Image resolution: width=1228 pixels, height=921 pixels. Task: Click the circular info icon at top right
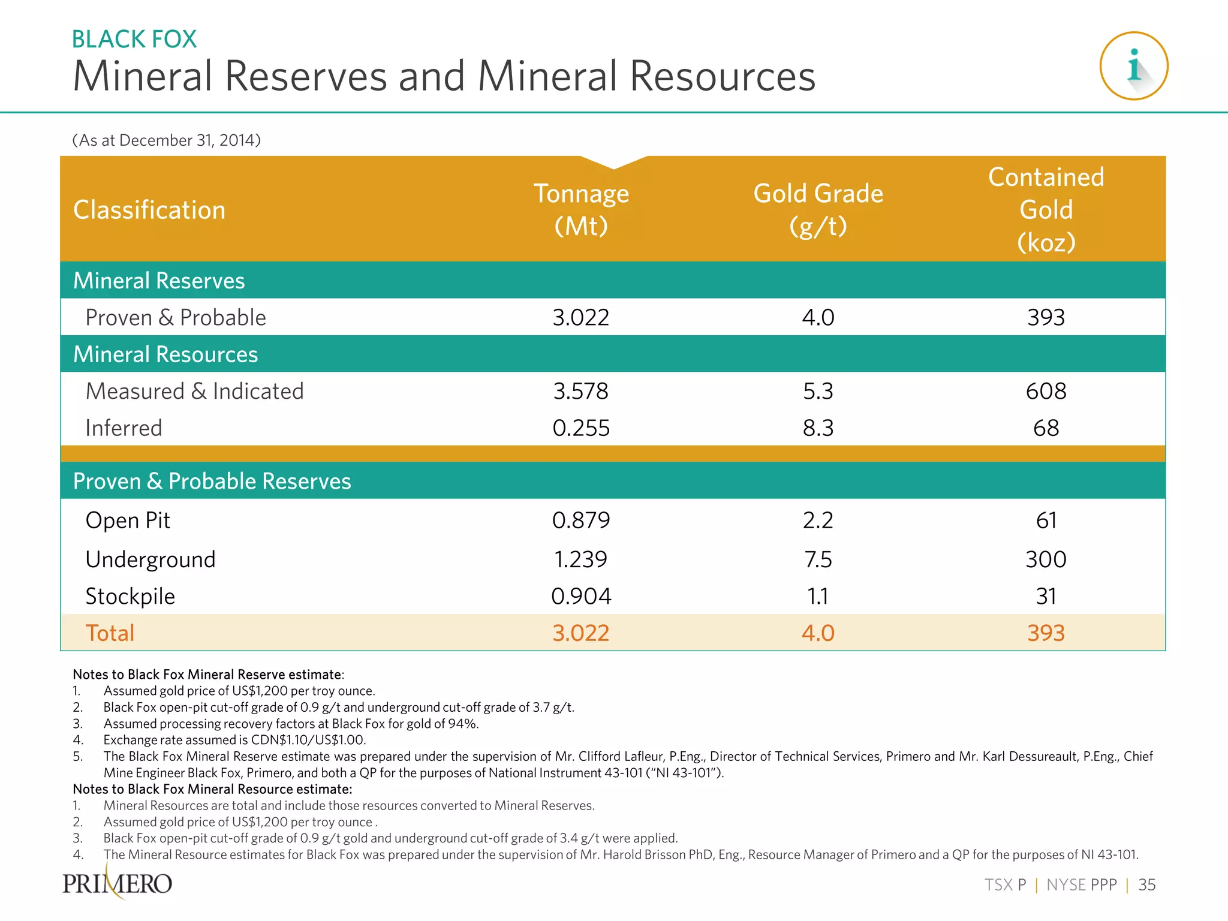click(x=1133, y=66)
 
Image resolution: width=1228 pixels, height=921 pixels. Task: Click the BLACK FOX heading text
click(x=134, y=40)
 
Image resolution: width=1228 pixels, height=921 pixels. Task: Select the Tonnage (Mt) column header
click(x=580, y=209)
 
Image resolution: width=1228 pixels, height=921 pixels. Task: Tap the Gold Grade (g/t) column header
click(x=818, y=209)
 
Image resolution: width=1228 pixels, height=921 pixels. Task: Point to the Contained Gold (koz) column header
click(x=1046, y=209)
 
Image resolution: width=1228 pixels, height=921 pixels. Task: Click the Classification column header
click(x=149, y=210)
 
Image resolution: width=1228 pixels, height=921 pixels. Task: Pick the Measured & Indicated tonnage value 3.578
click(x=580, y=391)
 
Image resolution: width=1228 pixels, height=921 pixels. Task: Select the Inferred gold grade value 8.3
click(x=818, y=428)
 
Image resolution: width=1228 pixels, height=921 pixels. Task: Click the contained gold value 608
click(x=1046, y=391)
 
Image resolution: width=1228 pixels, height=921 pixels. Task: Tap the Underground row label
click(x=151, y=559)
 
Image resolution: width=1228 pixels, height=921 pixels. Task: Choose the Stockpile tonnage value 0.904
click(x=580, y=596)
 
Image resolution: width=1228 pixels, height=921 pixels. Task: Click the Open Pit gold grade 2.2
click(x=818, y=520)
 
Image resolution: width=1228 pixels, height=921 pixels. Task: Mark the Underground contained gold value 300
click(x=1046, y=559)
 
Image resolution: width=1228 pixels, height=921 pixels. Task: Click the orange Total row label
click(x=110, y=633)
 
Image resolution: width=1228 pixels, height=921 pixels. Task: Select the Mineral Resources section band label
click(x=165, y=354)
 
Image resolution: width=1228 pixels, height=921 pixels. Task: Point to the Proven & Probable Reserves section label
click(x=212, y=481)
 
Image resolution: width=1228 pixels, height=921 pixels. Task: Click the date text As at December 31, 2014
click(x=166, y=140)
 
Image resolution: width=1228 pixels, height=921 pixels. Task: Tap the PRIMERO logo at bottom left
click(x=118, y=883)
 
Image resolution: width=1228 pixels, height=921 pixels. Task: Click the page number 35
click(x=1146, y=885)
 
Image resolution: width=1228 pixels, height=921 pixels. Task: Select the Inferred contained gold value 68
click(x=1046, y=428)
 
